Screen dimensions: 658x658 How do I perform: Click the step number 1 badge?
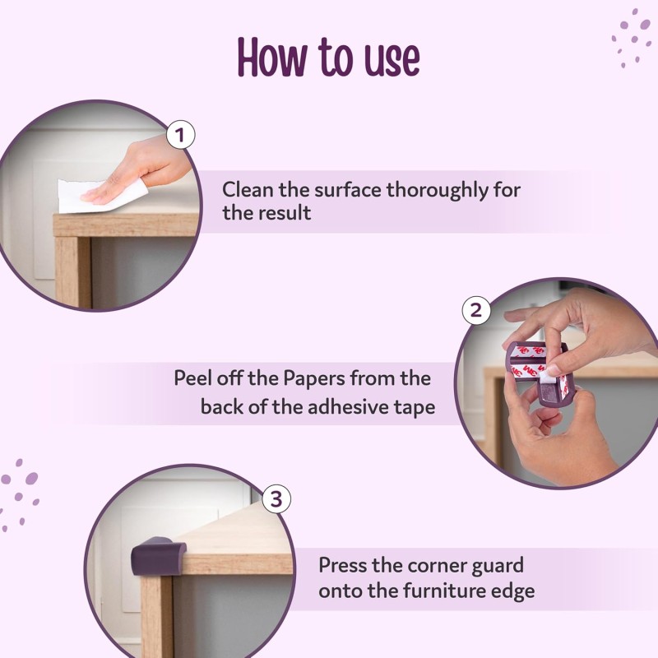click(x=180, y=134)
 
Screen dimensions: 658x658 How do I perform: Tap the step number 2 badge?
click(x=476, y=310)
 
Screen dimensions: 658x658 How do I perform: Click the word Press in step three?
click(x=345, y=566)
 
